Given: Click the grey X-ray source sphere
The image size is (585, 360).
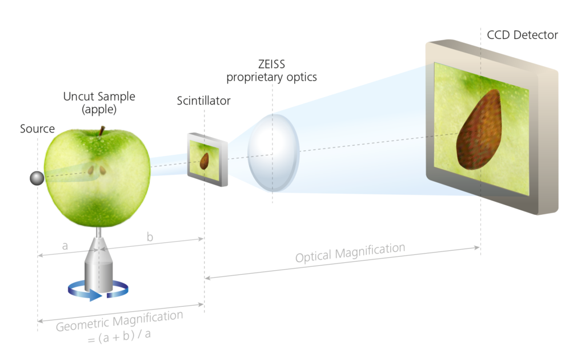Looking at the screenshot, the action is (37, 178).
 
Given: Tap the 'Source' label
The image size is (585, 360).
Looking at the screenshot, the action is (37, 129).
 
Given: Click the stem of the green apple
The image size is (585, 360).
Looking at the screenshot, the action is (102, 131).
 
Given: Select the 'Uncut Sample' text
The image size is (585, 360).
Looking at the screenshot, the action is (99, 97).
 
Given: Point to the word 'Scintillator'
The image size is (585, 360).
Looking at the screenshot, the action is (204, 101).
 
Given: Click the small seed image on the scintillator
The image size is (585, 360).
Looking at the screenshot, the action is (204, 161).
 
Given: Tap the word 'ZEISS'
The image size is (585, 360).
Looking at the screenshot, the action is (271, 64).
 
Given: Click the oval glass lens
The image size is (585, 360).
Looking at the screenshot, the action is (274, 153).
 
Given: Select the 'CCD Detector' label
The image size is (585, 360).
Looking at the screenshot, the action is (522, 35).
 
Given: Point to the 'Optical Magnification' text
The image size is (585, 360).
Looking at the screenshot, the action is (350, 253).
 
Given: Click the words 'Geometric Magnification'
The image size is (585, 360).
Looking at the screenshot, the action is (119, 321).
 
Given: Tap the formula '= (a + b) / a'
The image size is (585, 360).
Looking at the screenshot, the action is (119, 337).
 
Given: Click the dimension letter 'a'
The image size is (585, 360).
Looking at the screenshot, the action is (65, 246).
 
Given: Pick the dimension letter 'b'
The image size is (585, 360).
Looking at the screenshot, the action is (150, 237).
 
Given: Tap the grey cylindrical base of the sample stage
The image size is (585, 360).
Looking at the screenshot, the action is (98, 277).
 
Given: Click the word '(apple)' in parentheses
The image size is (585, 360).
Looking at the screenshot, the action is (99, 110).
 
